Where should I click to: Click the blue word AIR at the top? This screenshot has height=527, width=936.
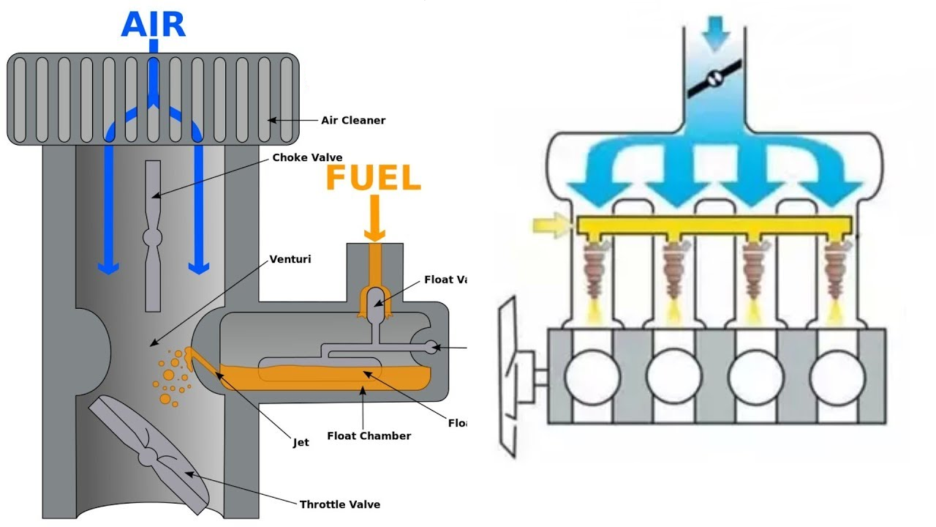[154, 24]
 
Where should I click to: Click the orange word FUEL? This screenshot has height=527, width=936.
[373, 179]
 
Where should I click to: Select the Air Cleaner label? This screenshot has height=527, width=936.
[353, 120]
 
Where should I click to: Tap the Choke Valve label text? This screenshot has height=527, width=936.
[307, 157]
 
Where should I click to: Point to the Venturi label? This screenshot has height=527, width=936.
[290, 259]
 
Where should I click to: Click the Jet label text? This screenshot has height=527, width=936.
[301, 442]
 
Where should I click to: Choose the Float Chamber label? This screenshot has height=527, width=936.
[369, 436]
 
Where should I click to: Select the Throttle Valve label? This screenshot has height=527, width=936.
[339, 504]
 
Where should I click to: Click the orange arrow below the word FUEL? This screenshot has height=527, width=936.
[374, 220]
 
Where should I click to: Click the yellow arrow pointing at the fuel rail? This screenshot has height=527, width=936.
[554, 225]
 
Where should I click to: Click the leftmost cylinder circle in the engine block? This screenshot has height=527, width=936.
[592, 377]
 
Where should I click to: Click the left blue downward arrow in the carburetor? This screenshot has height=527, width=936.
[108, 212]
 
